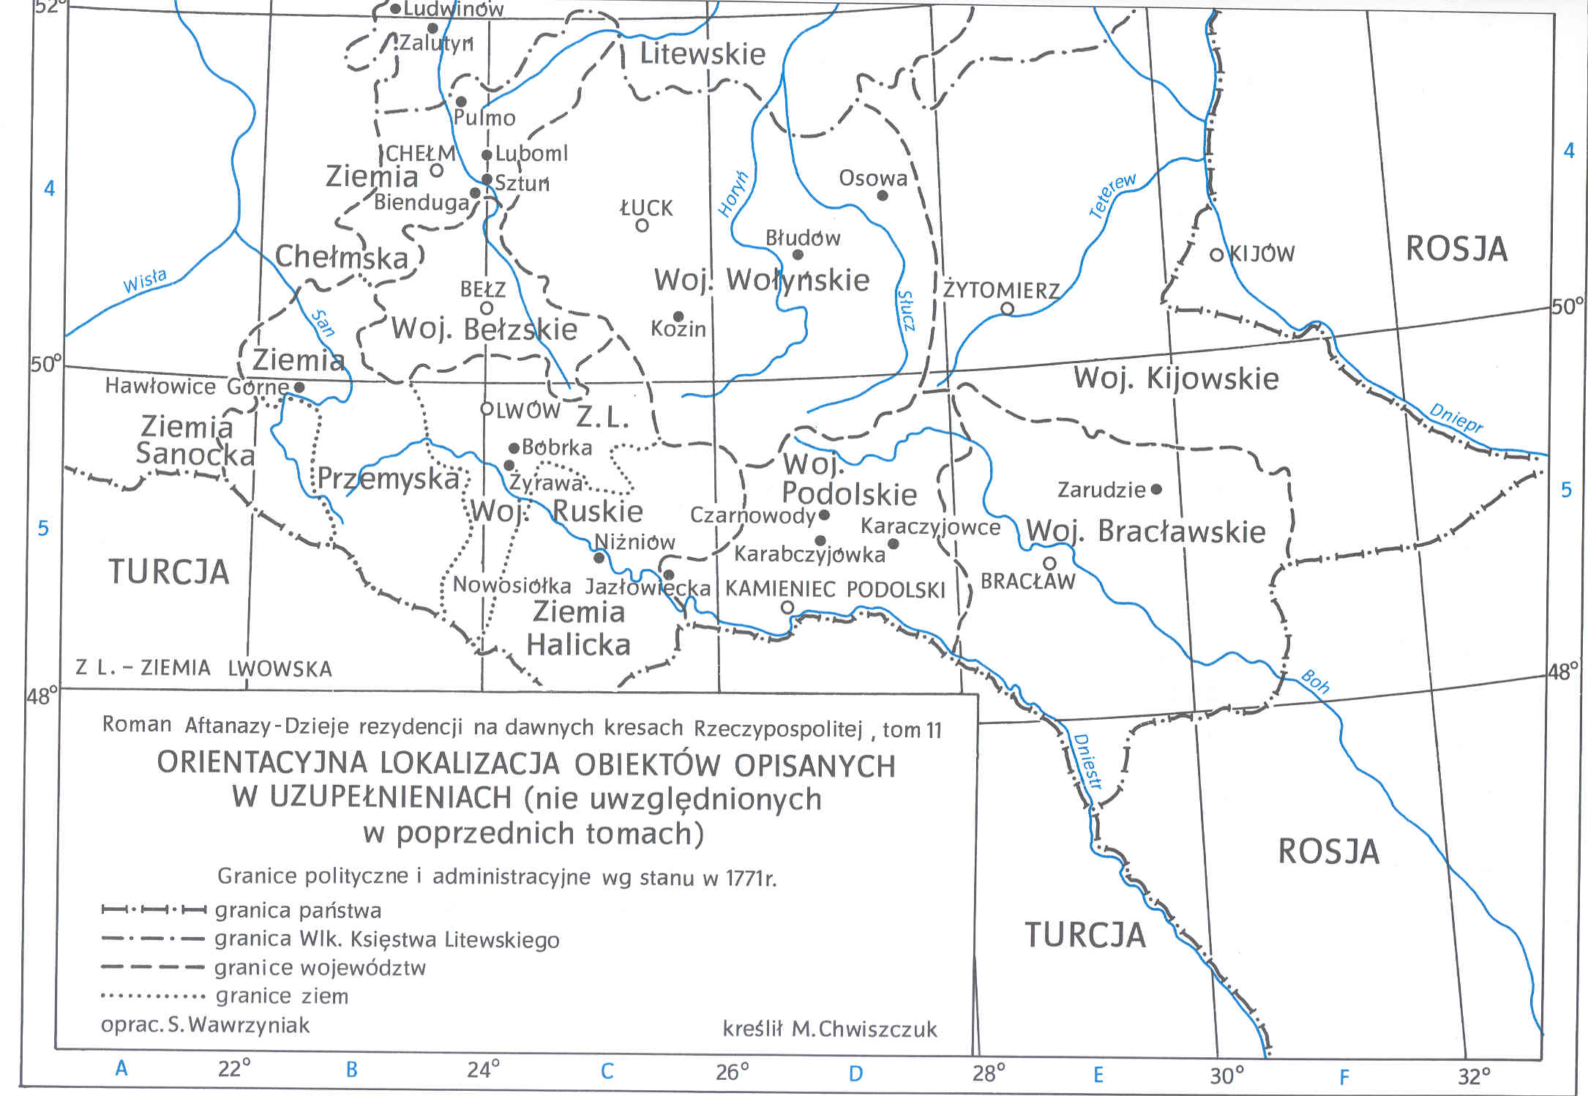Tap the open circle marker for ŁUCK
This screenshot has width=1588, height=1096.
point(642,225)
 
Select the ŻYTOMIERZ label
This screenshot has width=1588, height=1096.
point(1001,291)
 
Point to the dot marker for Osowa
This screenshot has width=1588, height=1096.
point(883,195)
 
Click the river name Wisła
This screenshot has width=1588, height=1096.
point(144,281)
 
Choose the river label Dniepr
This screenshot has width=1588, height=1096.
point(1456,418)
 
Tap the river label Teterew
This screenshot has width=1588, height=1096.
point(1112,195)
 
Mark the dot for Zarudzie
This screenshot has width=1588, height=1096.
point(1156,489)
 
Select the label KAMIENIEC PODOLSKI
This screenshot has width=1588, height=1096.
point(835,589)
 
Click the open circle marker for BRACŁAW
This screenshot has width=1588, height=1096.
point(1049,563)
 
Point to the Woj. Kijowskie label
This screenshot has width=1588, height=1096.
point(1176,379)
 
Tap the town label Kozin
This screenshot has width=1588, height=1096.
point(678,329)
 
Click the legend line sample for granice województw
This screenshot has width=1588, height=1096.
point(152,967)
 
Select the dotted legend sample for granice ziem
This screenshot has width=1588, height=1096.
point(152,996)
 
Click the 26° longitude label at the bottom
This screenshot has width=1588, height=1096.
point(733,1073)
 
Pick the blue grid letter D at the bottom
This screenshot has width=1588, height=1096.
point(855,1074)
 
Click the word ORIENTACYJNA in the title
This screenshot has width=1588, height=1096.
point(262,764)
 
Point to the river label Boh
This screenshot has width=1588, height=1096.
point(1314,682)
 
